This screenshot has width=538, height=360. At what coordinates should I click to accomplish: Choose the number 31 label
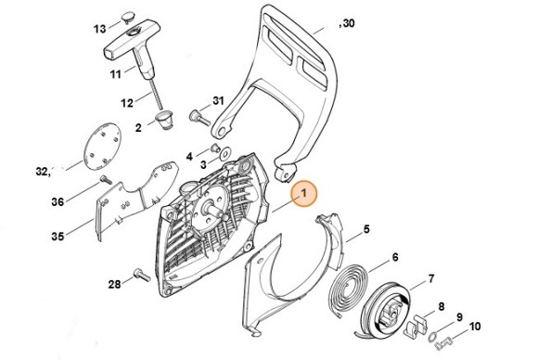pos(219,99)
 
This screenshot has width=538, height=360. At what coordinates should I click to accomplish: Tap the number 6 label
pos(395,257)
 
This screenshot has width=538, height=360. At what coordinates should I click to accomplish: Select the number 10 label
pos(474,326)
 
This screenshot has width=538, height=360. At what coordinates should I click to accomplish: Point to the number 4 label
pos(189,156)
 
